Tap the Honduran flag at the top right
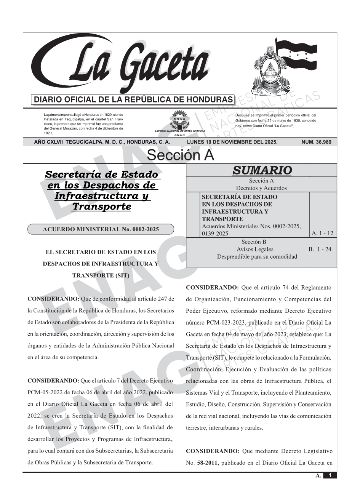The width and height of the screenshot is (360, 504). pyautogui.click(x=296, y=55)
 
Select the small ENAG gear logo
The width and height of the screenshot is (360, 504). pyautogui.click(x=179, y=120)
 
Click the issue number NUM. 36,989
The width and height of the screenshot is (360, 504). pyautogui.click(x=316, y=142)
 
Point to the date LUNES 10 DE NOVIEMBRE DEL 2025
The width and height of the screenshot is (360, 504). pyautogui.click(x=232, y=142)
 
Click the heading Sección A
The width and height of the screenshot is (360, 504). pyautogui.click(x=180, y=155)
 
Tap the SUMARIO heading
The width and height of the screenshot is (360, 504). pyautogui.click(x=262, y=171)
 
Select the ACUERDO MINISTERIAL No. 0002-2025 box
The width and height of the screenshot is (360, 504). pyautogui.click(x=101, y=229)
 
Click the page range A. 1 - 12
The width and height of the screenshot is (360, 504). pyautogui.click(x=322, y=233)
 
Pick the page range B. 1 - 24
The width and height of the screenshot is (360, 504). pyautogui.click(x=320, y=249)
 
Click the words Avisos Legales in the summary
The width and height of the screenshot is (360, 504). pyautogui.click(x=255, y=249)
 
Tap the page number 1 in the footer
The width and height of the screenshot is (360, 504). pyautogui.click(x=330, y=475)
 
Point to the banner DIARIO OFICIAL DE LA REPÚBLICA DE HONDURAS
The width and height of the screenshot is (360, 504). pyautogui.click(x=133, y=100)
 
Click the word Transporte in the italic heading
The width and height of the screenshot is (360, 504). pyautogui.click(x=101, y=206)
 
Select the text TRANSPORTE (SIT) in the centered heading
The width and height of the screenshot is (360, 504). pyautogui.click(x=101, y=275)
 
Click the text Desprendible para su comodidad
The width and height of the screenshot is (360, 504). pyautogui.click(x=257, y=256)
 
